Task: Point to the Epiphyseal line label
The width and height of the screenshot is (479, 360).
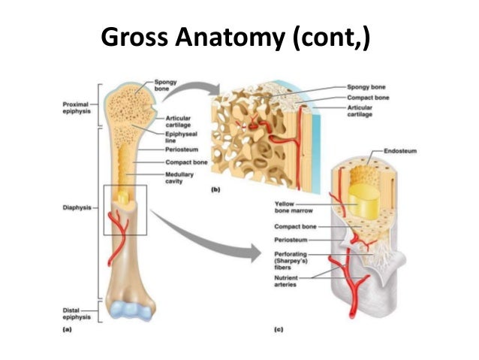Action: (x=178, y=137)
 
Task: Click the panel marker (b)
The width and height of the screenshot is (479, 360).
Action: (x=215, y=191)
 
